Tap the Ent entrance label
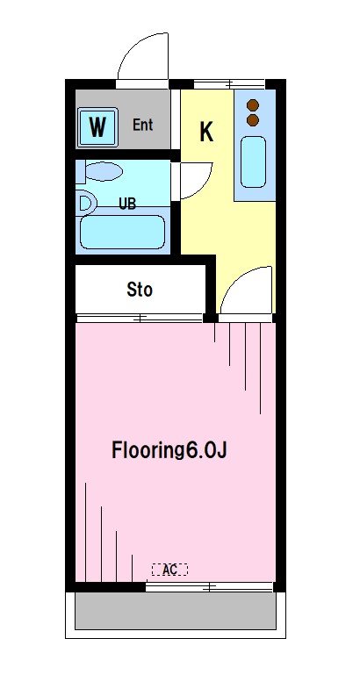pyautogui.click(x=143, y=125)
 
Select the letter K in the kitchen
pyautogui.click(x=206, y=132)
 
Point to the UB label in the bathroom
pyautogui.click(x=127, y=203)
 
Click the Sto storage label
pyautogui.click(x=140, y=289)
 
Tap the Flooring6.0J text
pyautogui.click(x=169, y=451)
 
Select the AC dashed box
pyautogui.click(x=169, y=570)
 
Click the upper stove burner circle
pyautogui.click(x=253, y=103)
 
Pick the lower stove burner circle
pyautogui.click(x=253, y=118)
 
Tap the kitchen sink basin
pyautogui.click(x=253, y=161)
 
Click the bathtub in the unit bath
pyautogui.click(x=122, y=233)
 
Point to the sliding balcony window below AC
pyautogui.click(x=210, y=585)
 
